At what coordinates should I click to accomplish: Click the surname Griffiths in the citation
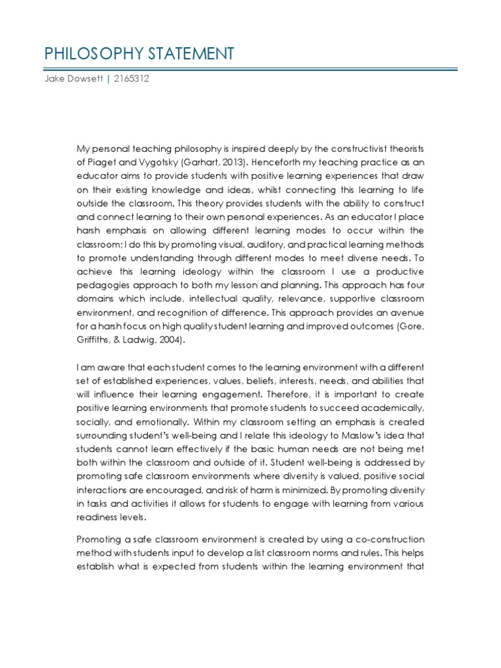(x=95, y=339)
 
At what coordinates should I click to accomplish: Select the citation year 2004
(x=170, y=339)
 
